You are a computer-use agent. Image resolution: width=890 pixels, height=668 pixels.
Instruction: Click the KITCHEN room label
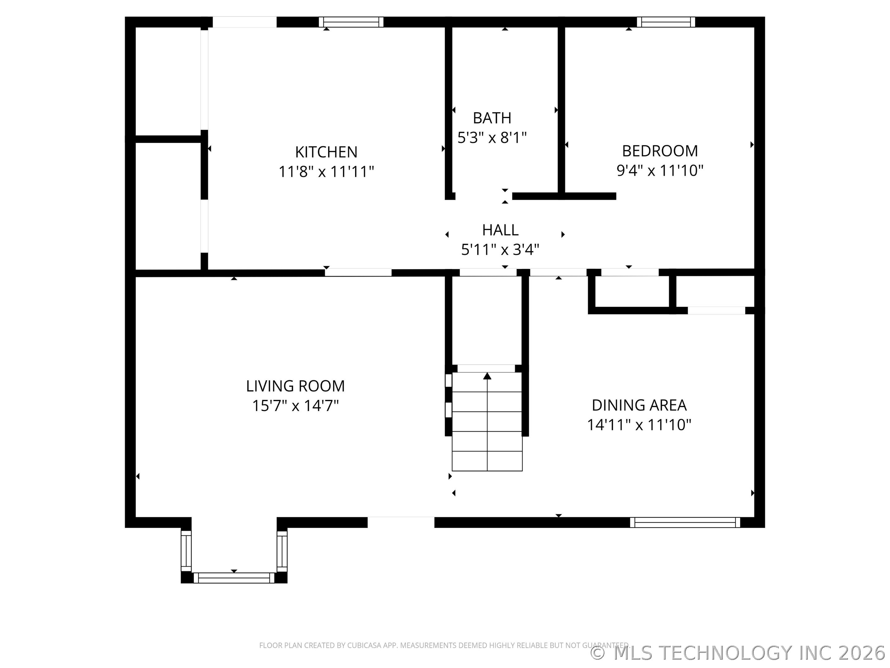(326, 152)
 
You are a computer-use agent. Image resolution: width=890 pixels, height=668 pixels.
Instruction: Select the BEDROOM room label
(660, 151)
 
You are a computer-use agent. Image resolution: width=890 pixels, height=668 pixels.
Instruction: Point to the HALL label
(500, 230)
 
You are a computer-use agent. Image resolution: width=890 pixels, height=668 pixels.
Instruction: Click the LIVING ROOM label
(295, 386)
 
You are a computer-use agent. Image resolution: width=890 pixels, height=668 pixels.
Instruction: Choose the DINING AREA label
(639, 405)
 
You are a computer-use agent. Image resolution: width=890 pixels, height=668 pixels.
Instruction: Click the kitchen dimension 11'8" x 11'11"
(326, 172)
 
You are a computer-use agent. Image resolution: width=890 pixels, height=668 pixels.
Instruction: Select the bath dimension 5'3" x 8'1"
(492, 138)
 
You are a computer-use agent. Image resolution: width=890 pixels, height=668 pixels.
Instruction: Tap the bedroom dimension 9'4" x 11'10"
(660, 171)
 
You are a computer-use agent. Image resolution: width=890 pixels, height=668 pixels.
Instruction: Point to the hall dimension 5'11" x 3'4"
(500, 250)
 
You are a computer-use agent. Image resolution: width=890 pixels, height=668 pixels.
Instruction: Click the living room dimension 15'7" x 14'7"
(295, 406)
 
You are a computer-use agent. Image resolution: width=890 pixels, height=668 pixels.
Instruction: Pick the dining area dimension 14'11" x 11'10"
(639, 425)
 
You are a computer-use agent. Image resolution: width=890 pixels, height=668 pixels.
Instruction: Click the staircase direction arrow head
(487, 376)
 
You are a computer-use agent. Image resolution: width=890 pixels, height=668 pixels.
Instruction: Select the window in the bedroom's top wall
(666, 22)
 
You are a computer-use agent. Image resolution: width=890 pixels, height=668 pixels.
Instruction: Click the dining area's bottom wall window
(685, 523)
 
